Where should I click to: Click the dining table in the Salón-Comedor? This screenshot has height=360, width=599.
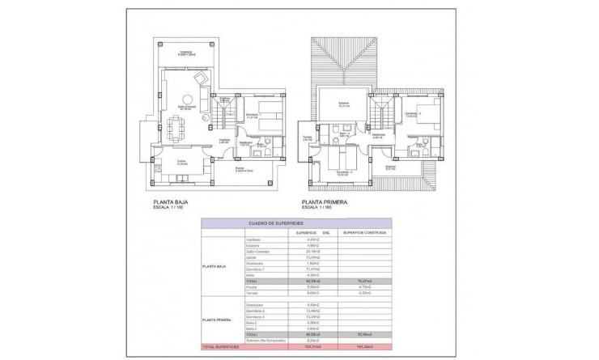coord(176,125)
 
